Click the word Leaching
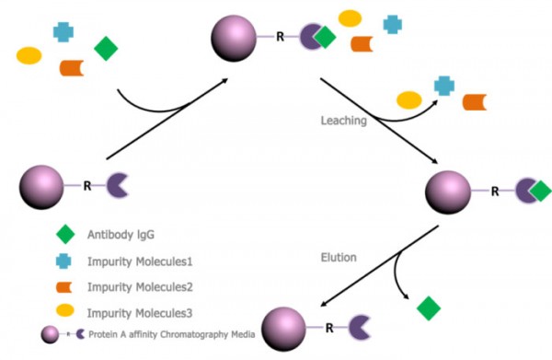[343, 121]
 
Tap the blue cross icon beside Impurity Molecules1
[65, 261]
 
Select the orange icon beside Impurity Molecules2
[65, 286]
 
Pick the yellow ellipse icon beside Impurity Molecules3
[65, 311]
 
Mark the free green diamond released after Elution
[429, 308]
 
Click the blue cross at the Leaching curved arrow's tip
[444, 86]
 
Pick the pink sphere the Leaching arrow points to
[449, 192]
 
